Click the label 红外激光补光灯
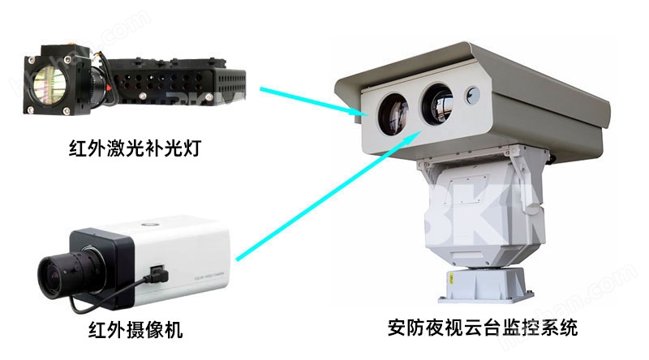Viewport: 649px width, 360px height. pos(135,152)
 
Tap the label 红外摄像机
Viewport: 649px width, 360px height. pos(135,330)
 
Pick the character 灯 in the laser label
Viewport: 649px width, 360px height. pos(191,152)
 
